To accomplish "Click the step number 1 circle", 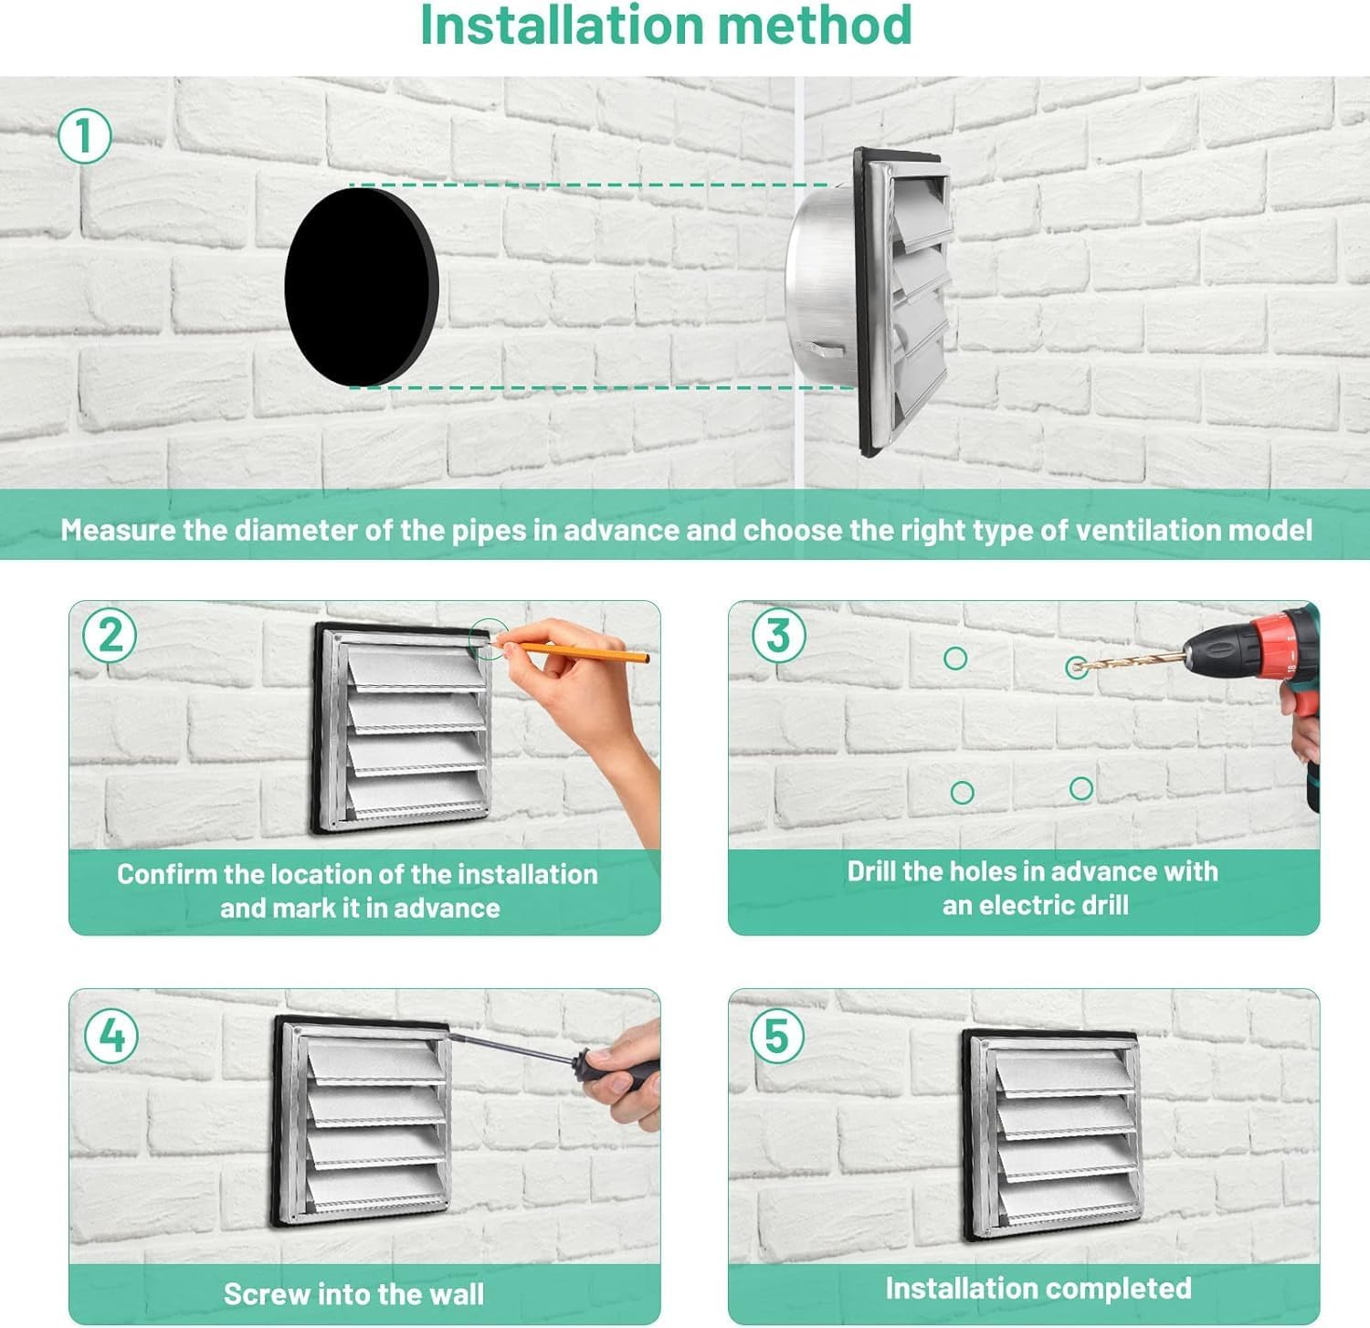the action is (x=85, y=137).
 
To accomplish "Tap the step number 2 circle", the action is (x=110, y=635).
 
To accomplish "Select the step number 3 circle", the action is (x=778, y=635).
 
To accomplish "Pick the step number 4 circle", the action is (x=111, y=1037).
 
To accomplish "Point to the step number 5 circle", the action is (x=777, y=1037).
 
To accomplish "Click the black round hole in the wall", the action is (x=362, y=286).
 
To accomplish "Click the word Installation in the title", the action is (x=561, y=26).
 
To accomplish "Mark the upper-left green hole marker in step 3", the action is (x=955, y=658).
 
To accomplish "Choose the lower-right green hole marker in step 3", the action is (x=1081, y=788).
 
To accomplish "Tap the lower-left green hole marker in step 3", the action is (x=962, y=792).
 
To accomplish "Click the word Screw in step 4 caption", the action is (x=267, y=1294).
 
